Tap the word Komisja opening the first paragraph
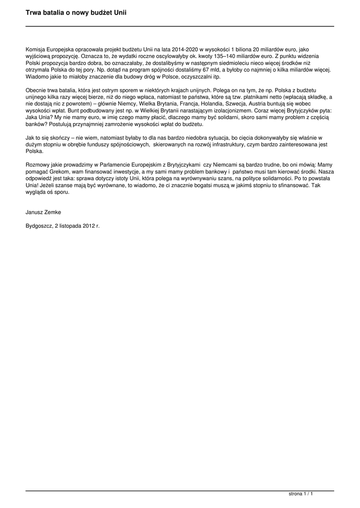(36, 50)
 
